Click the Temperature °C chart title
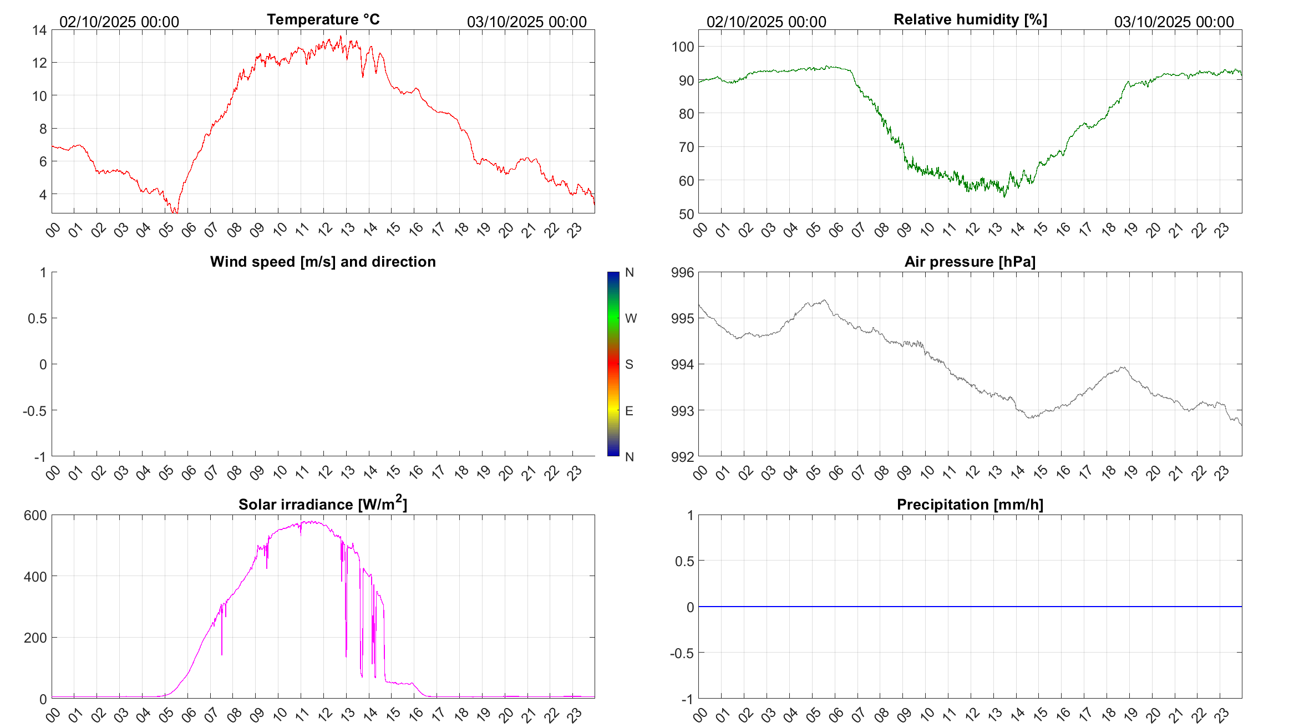(x=323, y=19)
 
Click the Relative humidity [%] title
(x=970, y=19)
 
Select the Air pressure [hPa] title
(x=970, y=262)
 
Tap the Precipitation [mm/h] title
(x=970, y=505)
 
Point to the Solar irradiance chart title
(x=322, y=504)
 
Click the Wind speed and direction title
(x=323, y=262)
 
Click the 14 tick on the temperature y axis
(x=39, y=30)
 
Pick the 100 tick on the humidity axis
(x=683, y=47)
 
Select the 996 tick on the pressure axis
(x=682, y=273)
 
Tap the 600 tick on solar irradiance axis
(x=35, y=516)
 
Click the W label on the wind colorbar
(x=631, y=318)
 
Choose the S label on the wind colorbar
(x=629, y=364)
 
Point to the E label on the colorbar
(x=629, y=411)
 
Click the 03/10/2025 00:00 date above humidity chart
(x=1174, y=22)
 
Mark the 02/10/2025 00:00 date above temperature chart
(x=119, y=22)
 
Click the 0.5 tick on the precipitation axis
(x=684, y=561)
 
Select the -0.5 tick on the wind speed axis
(x=34, y=411)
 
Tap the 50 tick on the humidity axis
(x=686, y=214)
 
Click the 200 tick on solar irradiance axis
(x=35, y=638)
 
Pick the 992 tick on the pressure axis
(x=682, y=457)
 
